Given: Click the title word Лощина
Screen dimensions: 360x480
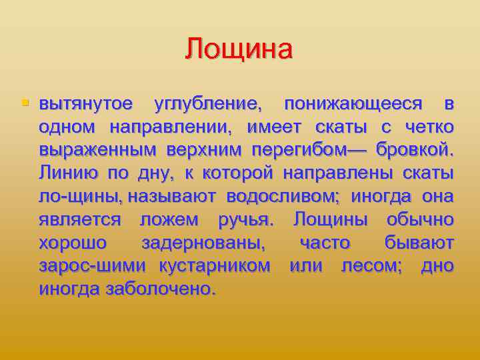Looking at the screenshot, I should pos(239,49).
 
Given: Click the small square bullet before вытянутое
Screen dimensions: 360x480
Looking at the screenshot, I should pos(25,103).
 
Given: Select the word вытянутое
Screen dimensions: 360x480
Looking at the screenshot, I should pos(86,105).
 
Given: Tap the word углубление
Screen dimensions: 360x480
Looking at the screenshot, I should pos(208,105).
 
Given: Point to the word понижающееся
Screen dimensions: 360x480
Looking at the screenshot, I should pos(353,105).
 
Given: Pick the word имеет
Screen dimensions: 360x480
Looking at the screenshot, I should pos(274,127).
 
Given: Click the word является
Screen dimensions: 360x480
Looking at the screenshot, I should pos(79,219).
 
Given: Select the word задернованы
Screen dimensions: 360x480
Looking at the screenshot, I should pos(203,242).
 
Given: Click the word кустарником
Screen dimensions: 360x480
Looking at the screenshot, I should pos(215,265).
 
